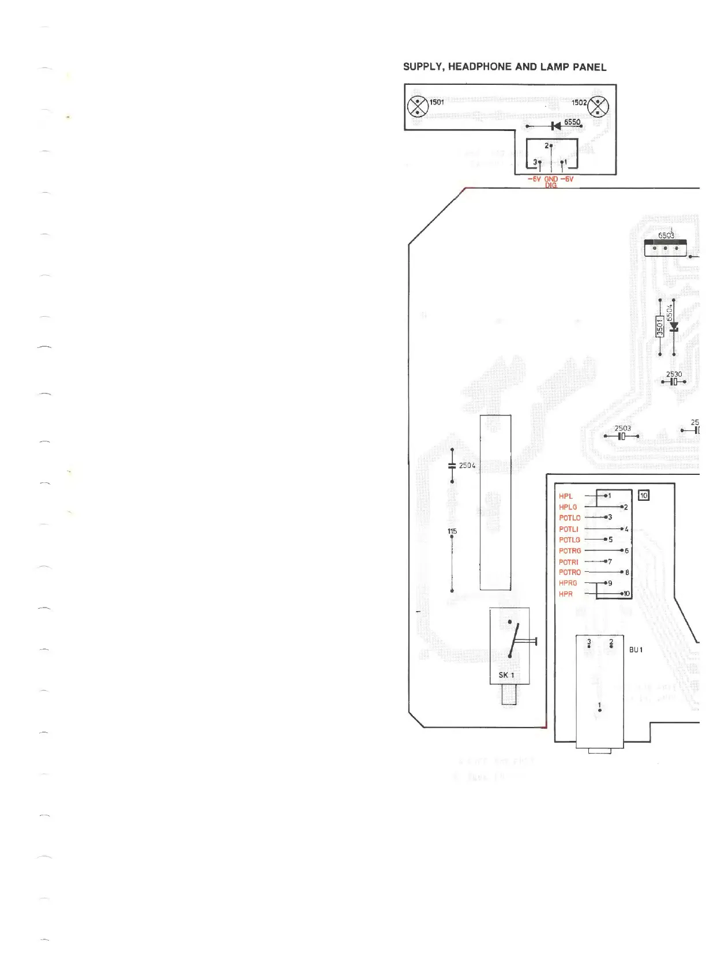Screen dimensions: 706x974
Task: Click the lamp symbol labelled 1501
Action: [416, 107]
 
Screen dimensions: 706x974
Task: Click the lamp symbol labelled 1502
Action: [598, 107]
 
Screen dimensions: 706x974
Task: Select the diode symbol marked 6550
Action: [555, 126]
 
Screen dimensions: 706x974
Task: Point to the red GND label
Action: [551, 179]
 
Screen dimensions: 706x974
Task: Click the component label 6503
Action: [666, 235]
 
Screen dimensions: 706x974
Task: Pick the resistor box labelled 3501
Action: [660, 326]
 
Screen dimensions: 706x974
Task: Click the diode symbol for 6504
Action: [673, 327]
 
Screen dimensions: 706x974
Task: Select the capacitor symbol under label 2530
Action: [673, 382]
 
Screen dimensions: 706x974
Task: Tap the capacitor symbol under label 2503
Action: [621, 436]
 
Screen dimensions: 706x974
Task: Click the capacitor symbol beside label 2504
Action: [452, 466]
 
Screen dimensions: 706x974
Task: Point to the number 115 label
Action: [452, 531]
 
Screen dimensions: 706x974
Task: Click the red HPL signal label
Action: [565, 496]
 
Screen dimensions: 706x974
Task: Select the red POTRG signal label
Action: [570, 551]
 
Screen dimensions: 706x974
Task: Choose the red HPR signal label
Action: [566, 594]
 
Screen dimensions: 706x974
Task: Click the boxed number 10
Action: [644, 495]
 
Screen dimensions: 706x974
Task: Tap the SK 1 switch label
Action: [506, 675]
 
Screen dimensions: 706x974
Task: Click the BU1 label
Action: [636, 650]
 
